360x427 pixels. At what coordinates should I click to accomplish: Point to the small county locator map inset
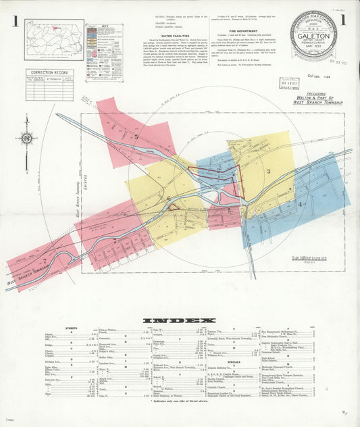(x=54, y=39)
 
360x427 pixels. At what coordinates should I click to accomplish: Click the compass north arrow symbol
(x=26, y=139)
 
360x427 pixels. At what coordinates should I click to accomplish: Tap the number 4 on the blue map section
(x=301, y=203)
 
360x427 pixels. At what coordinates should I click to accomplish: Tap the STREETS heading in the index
(x=71, y=328)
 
